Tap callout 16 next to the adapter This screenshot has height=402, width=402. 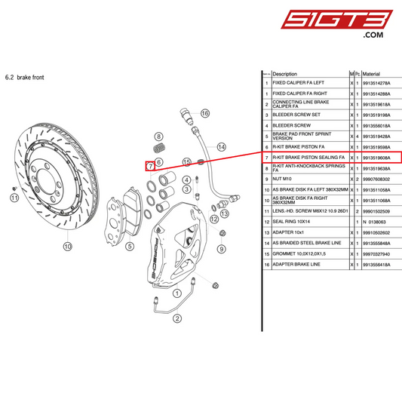pyautogui.click(x=204, y=113)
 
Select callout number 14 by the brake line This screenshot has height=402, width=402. pyautogui.click(x=221, y=147)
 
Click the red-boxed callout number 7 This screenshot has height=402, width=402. pyautogui.click(x=151, y=166)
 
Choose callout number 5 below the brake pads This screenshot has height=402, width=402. pyautogui.click(x=129, y=245)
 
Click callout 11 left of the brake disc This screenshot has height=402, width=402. pyautogui.click(x=14, y=197)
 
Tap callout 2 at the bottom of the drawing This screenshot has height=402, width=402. pyautogui.click(x=176, y=318)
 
